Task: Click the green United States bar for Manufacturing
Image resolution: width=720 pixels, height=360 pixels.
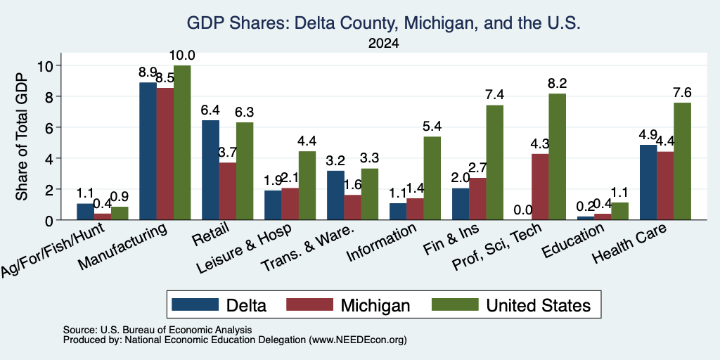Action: click(x=182, y=143)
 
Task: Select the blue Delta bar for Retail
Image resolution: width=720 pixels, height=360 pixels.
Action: click(x=211, y=170)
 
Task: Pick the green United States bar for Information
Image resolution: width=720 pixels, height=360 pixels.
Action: click(x=432, y=178)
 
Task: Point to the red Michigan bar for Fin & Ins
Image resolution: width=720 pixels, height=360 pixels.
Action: click(x=477, y=199)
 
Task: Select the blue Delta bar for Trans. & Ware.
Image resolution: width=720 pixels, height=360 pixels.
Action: click(x=335, y=195)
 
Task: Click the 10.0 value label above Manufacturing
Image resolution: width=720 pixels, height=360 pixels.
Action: click(x=182, y=56)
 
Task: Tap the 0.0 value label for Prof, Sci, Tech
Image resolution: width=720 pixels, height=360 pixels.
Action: click(x=523, y=210)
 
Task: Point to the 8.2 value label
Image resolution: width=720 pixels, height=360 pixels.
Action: click(x=557, y=84)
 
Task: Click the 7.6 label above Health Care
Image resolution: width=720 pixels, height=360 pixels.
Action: click(x=682, y=93)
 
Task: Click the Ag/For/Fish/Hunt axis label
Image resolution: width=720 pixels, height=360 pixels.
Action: click(x=53, y=249)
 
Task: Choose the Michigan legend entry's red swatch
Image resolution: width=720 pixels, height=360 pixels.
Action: click(x=309, y=304)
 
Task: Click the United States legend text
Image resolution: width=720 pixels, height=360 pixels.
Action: click(x=538, y=305)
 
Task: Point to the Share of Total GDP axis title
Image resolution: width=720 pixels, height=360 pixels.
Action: click(x=22, y=136)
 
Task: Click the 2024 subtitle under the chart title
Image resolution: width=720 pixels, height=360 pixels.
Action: click(x=383, y=44)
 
